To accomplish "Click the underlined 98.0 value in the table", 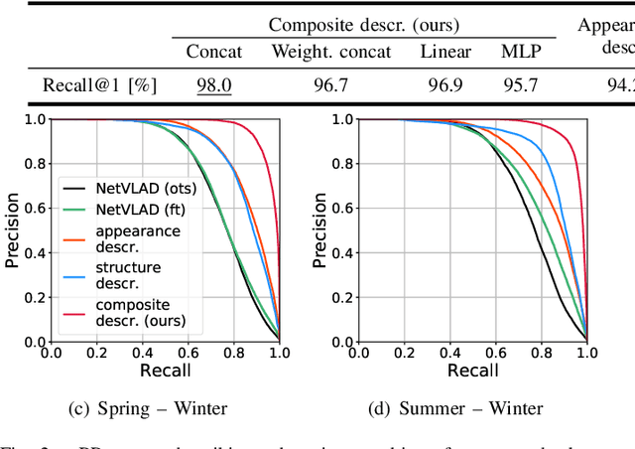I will coord(213,85).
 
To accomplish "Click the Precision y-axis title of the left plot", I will coord(13,230).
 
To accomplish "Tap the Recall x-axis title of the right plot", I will coord(472,371).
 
